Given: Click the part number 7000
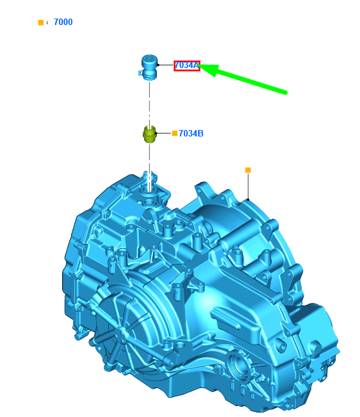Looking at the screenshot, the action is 63,22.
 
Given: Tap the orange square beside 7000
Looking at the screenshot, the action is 41,22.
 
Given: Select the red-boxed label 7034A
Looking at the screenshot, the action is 187,66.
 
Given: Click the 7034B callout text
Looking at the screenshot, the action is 191,133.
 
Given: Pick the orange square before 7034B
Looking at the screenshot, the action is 175,133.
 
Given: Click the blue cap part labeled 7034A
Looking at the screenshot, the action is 149,67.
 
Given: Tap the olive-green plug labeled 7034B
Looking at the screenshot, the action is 150,135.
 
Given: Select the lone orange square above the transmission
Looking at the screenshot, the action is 248,170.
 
